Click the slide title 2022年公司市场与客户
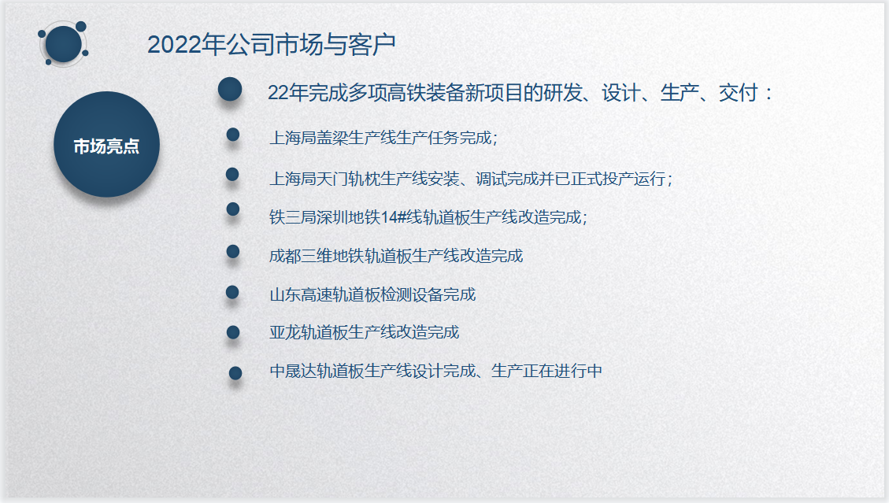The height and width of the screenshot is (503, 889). [271, 45]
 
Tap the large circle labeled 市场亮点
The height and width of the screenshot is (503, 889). [106, 145]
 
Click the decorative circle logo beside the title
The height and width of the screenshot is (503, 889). [63, 43]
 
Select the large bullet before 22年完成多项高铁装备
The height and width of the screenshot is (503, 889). [230, 90]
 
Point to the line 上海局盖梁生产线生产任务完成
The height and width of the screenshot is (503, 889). [383, 138]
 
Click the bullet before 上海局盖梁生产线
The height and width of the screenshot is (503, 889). [232, 135]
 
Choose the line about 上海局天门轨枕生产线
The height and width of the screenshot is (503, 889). [471, 179]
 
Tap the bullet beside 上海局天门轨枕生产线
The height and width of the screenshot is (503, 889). [232, 174]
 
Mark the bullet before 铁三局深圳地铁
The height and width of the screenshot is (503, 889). [232, 209]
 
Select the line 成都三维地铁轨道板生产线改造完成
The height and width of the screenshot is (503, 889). [396, 256]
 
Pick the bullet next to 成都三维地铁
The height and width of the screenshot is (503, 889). [232, 251]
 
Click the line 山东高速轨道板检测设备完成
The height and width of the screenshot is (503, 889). [372, 294]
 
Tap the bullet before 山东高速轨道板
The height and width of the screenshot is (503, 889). [232, 292]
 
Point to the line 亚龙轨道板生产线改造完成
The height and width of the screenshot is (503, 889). [364, 332]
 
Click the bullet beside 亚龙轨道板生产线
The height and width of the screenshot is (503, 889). [233, 332]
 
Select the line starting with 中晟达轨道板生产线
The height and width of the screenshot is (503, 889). [435, 371]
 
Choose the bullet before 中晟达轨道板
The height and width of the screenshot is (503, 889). [235, 373]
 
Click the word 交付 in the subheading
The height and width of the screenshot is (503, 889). [738, 92]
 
